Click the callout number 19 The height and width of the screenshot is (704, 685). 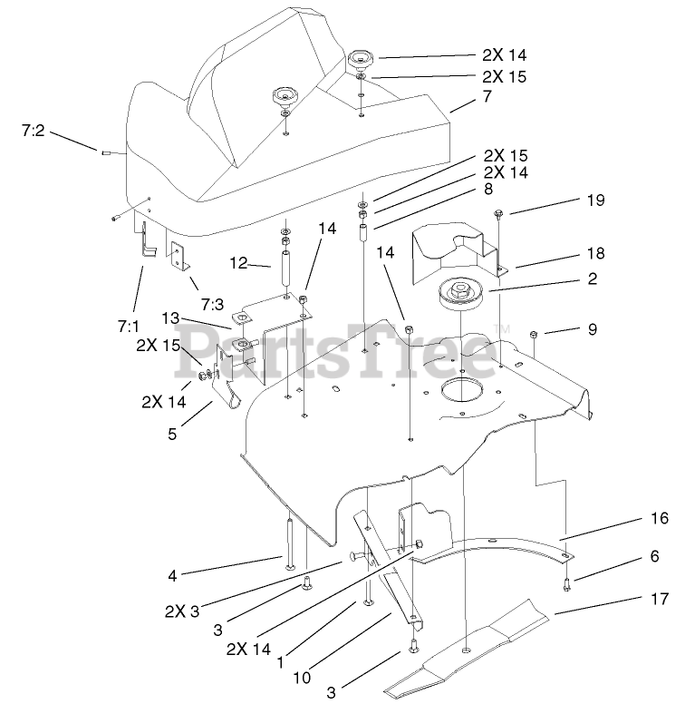click(x=594, y=200)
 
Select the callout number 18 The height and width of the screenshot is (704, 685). click(x=594, y=253)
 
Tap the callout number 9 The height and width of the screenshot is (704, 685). click(x=593, y=330)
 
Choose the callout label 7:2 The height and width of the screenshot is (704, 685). click(x=33, y=131)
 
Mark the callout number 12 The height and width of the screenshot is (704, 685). click(x=237, y=264)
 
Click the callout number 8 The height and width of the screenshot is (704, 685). click(x=488, y=190)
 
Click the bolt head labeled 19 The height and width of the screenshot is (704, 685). click(x=500, y=214)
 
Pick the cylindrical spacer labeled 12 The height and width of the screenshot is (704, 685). click(x=285, y=270)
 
